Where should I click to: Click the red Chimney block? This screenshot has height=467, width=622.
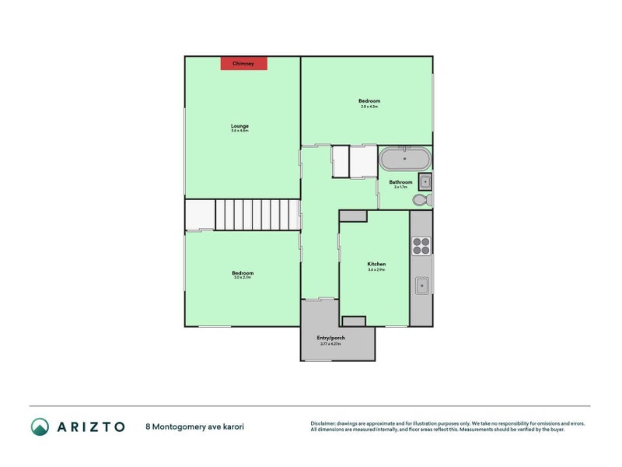243,63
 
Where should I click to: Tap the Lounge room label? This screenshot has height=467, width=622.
239,125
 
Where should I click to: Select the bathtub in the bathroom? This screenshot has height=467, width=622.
405,160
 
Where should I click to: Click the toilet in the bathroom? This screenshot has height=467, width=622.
421,200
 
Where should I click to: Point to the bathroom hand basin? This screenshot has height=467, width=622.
425,182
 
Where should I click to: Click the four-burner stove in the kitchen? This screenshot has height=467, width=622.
421,245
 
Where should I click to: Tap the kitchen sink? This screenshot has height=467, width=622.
422,285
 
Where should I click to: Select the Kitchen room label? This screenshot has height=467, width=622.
376,264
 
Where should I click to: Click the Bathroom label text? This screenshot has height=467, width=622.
401,182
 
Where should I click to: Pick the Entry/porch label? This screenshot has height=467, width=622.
331,337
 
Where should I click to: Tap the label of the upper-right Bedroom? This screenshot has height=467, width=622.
369,100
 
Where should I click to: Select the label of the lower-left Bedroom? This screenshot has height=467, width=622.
243,272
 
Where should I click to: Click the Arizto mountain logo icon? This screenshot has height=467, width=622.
40,427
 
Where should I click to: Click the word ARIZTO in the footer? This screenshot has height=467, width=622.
89,427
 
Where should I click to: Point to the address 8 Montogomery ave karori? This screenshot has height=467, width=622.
199,427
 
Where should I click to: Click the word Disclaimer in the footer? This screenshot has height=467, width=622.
326,423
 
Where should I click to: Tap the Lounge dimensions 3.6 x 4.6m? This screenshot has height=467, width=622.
239,131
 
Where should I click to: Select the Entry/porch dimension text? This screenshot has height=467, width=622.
331,343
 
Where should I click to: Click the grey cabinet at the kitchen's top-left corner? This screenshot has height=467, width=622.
352,216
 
